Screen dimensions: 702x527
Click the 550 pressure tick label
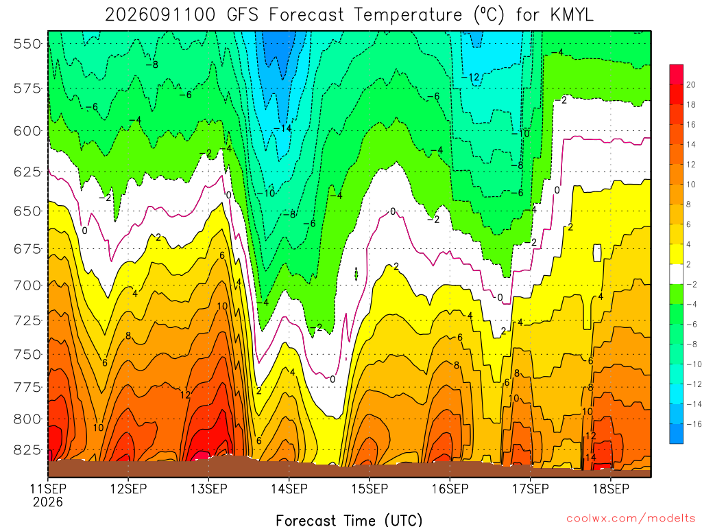click(x=27, y=44)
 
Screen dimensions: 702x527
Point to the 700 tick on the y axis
click(x=27, y=285)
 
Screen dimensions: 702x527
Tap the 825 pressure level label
click(x=27, y=449)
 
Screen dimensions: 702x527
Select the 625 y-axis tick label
click(x=27, y=172)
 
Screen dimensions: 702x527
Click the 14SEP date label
click(x=289, y=489)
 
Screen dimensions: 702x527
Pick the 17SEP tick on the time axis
click(x=531, y=489)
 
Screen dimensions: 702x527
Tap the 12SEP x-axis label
click(x=128, y=489)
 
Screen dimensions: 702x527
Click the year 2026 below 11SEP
click(x=48, y=502)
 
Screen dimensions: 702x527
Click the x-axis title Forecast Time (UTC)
click(x=349, y=520)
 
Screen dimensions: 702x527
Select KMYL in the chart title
click(x=571, y=15)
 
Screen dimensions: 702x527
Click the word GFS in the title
click(x=243, y=15)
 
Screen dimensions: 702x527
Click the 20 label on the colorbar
click(x=691, y=84)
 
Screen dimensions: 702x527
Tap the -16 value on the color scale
click(x=694, y=424)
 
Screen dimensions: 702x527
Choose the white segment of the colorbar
click(x=677, y=274)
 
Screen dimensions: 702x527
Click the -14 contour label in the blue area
click(x=282, y=128)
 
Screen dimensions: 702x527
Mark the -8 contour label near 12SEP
click(x=152, y=65)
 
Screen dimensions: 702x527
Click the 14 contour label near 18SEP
click(x=590, y=457)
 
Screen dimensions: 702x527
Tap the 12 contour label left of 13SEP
click(x=186, y=395)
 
